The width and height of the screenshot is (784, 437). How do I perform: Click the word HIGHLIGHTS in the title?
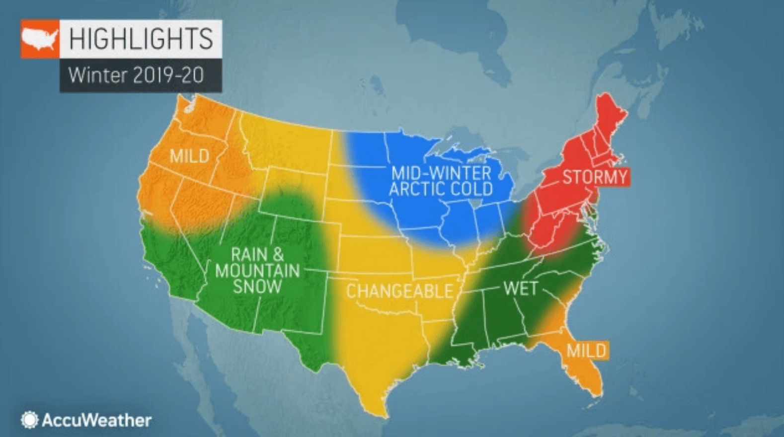(141, 39)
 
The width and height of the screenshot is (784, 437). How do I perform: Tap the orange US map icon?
(40, 39)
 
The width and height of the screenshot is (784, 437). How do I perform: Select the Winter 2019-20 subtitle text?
(136, 75)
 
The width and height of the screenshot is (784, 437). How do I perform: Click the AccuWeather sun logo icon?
(29, 420)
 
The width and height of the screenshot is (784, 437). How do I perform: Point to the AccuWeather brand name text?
(96, 420)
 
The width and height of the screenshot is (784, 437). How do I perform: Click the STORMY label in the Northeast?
(595, 177)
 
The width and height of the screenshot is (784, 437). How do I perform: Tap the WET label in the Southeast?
(520, 288)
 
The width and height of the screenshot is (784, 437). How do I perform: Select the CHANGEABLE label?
(399, 291)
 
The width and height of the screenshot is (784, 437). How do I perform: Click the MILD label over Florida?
(586, 351)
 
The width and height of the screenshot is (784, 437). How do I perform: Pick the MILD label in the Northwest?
(189, 156)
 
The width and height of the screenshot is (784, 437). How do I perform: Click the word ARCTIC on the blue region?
(416, 189)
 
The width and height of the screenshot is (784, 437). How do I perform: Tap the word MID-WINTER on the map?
(441, 173)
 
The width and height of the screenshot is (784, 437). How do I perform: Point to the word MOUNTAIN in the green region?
(257, 271)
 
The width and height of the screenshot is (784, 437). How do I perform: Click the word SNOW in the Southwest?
(257, 287)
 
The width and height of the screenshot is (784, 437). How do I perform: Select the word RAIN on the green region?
(248, 255)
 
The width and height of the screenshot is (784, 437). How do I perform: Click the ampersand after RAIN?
(278, 255)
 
